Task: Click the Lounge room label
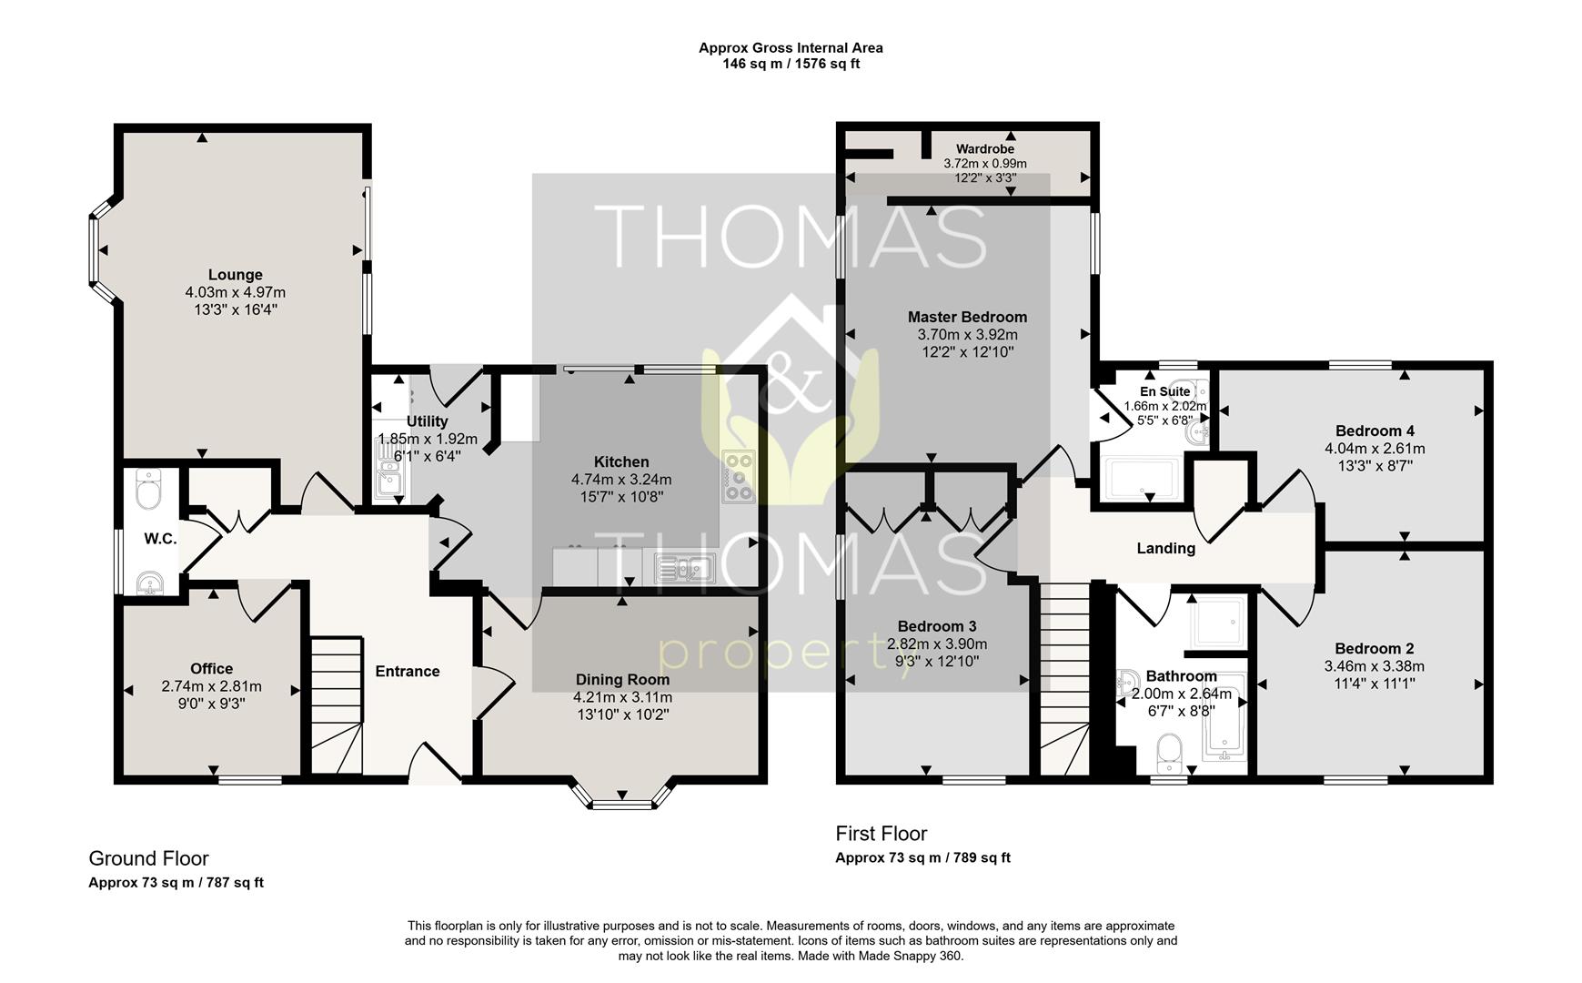(236, 275)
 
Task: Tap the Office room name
(212, 669)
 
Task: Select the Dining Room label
(622, 680)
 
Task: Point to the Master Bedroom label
(967, 318)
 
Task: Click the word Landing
(1165, 549)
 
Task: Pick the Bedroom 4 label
(1375, 431)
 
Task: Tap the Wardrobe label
(985, 149)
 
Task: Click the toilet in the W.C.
(147, 491)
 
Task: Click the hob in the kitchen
(738, 477)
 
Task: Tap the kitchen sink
(684, 569)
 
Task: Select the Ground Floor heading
(148, 858)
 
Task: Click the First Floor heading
(882, 834)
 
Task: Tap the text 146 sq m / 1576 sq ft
(791, 64)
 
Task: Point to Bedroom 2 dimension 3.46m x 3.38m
(1374, 666)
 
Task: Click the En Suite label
(1165, 391)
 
